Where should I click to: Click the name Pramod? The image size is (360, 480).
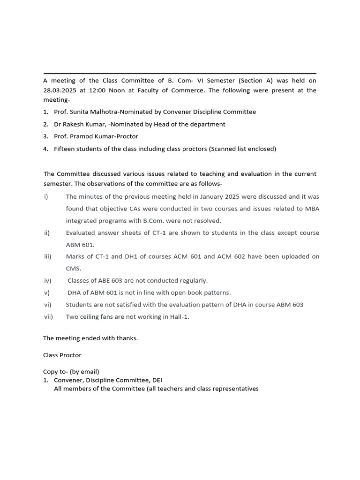(83, 136)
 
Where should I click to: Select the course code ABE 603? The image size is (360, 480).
(107, 281)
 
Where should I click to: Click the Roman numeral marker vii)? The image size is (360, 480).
(48, 317)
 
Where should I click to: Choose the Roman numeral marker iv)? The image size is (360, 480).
(47, 281)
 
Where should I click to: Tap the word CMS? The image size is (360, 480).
(73, 269)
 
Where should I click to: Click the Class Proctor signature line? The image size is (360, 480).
(62, 355)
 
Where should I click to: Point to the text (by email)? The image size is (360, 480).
(84, 372)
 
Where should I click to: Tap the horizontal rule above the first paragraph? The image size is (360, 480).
(180, 74)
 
